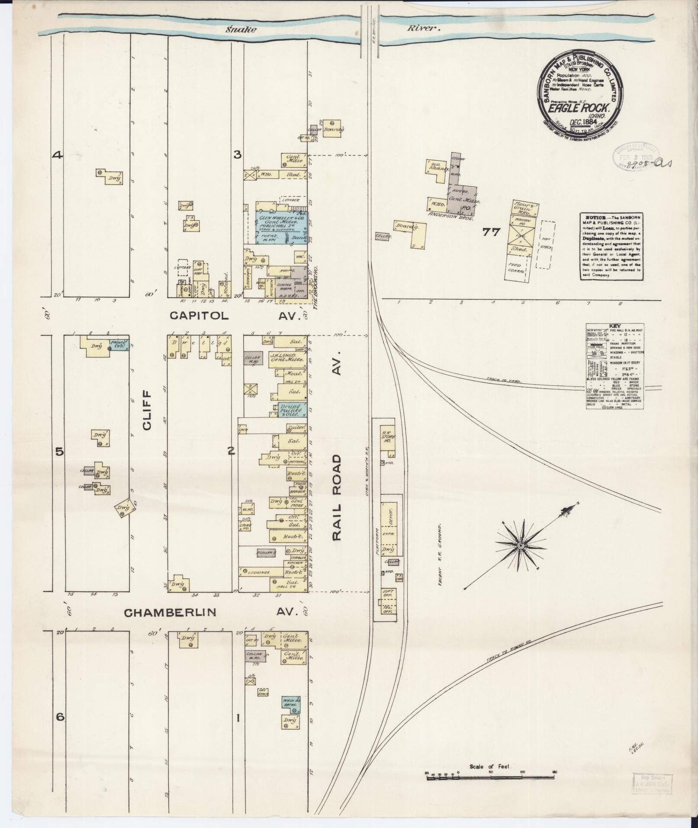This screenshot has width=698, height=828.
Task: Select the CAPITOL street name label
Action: coord(199,316)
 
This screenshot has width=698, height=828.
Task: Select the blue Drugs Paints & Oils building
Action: coord(290,409)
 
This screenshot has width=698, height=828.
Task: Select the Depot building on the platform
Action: coord(389,519)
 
